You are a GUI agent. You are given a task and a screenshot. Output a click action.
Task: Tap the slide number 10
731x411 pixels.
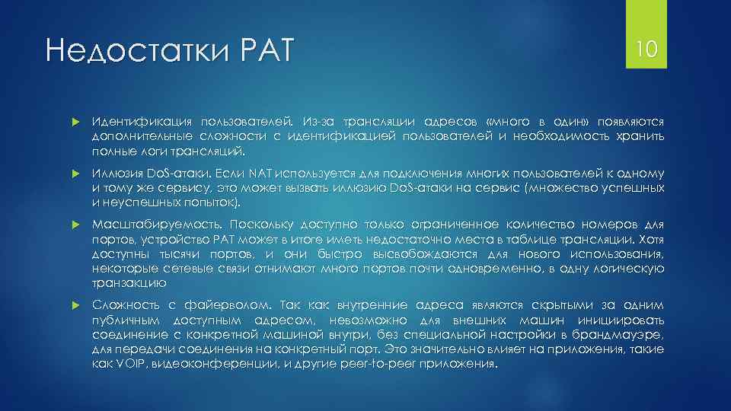pos(646,50)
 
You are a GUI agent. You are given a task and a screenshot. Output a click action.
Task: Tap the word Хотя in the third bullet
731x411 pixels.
pos(649,240)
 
